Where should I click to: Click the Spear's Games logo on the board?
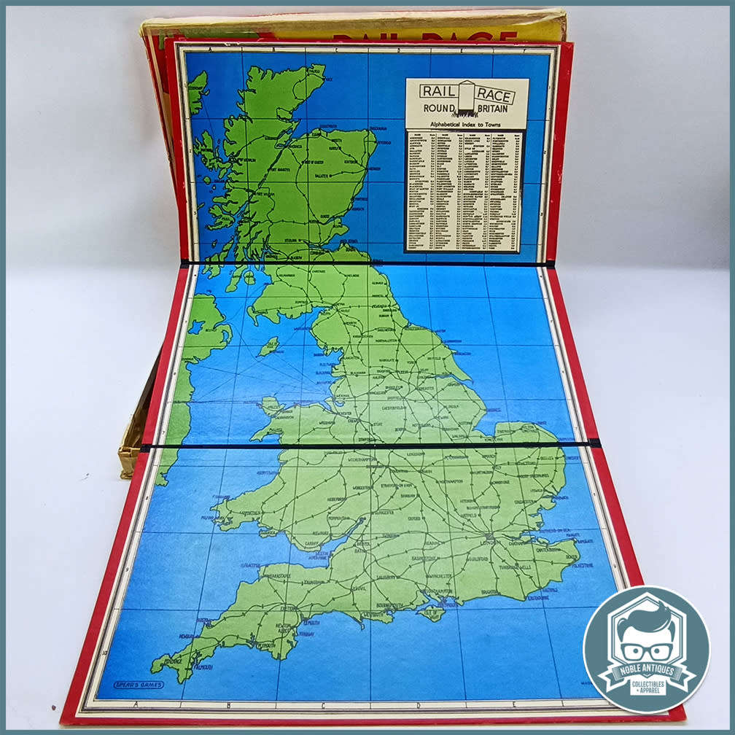(138, 685)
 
